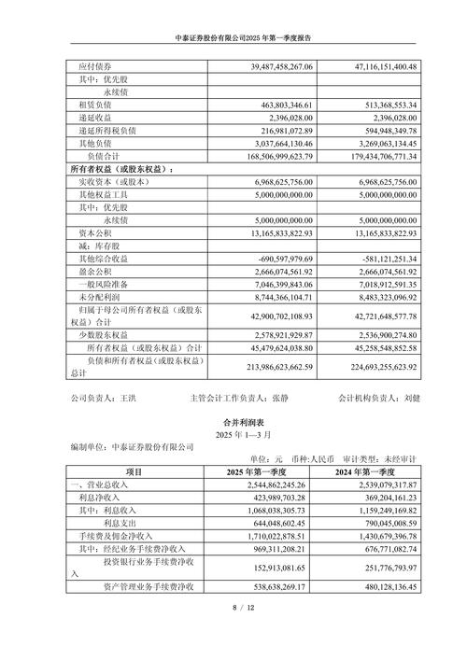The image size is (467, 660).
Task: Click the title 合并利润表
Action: coord(234,421)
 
